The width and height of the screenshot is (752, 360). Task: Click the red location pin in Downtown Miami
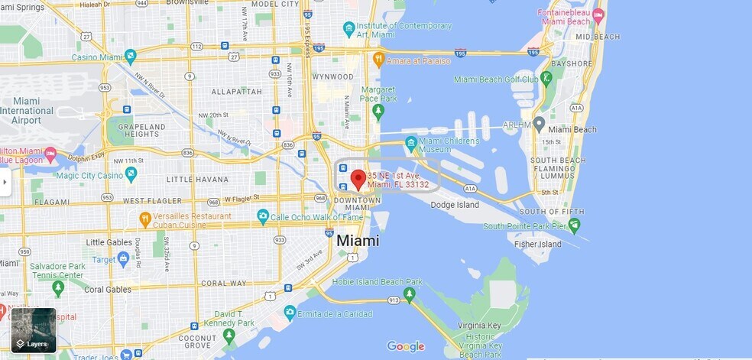(x=357, y=180)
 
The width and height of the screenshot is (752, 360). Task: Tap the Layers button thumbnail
(x=34, y=329)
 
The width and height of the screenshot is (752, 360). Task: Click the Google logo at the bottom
(x=405, y=346)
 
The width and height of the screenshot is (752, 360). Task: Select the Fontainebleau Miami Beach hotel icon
(x=598, y=15)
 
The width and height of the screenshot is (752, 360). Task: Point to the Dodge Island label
(x=455, y=205)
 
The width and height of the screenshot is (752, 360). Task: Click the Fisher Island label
(x=538, y=245)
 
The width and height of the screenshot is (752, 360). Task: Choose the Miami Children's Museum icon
(x=411, y=143)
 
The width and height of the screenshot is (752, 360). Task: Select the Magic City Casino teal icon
(x=131, y=175)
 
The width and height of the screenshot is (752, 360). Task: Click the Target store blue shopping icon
(x=123, y=259)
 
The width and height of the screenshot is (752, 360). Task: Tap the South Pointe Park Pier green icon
(x=574, y=225)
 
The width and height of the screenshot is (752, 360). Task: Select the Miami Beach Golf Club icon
(x=546, y=79)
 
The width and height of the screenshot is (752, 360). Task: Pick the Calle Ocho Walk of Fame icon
(x=263, y=217)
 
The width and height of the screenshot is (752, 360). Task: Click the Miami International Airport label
(x=27, y=111)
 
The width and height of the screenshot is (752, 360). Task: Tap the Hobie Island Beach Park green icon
(x=410, y=294)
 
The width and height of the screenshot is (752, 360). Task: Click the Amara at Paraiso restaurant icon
(x=378, y=60)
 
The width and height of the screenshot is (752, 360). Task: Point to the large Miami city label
(x=358, y=240)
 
